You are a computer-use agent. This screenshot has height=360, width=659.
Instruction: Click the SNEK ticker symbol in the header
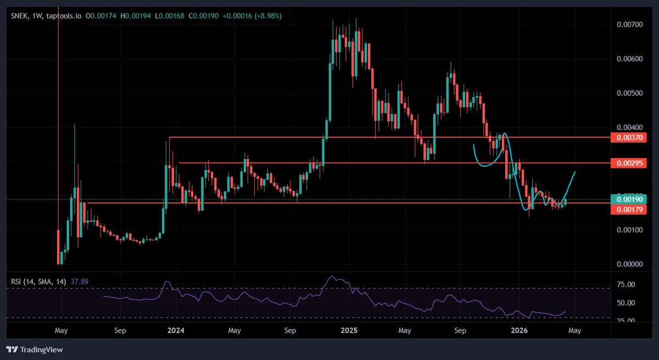pos(20,16)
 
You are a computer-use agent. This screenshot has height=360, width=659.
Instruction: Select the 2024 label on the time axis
pos(176,331)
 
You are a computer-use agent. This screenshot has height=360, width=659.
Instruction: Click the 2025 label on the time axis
pos(349,331)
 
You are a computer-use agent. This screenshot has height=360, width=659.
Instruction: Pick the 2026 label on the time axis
pos(519,331)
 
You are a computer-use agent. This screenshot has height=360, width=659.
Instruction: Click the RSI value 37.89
pos(79,282)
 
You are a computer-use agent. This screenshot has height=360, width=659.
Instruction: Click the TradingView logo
pos(35,350)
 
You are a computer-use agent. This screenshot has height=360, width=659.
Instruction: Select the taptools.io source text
pos(64,16)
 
